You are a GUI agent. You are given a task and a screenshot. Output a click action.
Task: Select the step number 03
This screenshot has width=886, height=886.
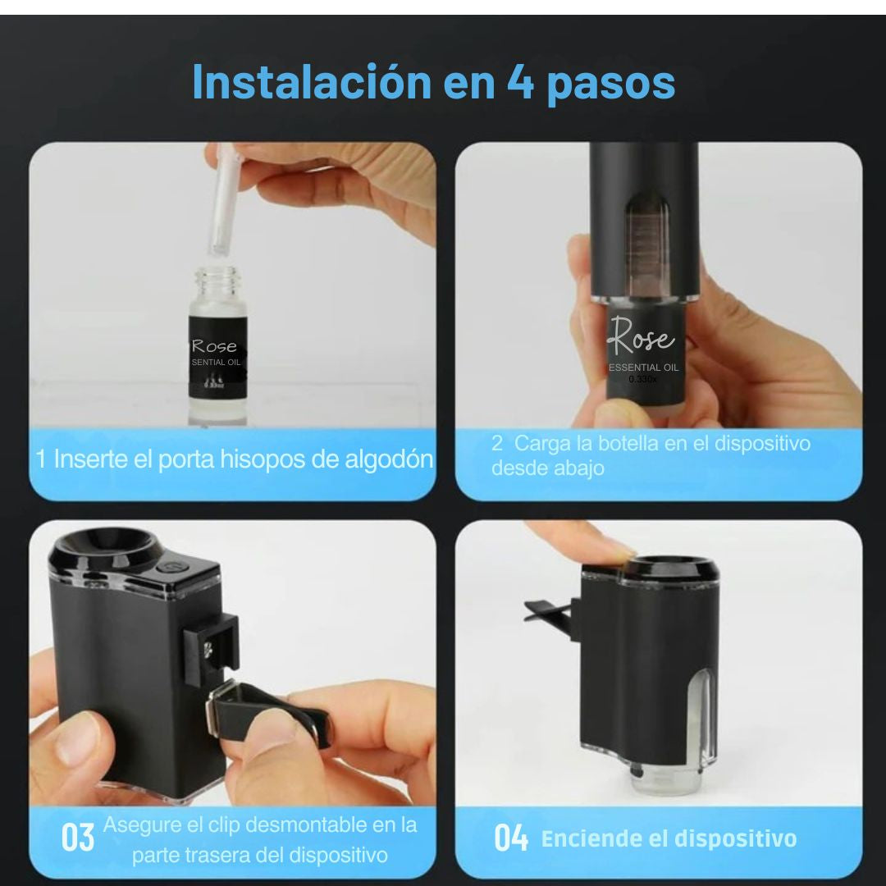point(78,838)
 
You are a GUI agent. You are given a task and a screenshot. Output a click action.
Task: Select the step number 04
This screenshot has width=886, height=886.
point(511,838)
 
